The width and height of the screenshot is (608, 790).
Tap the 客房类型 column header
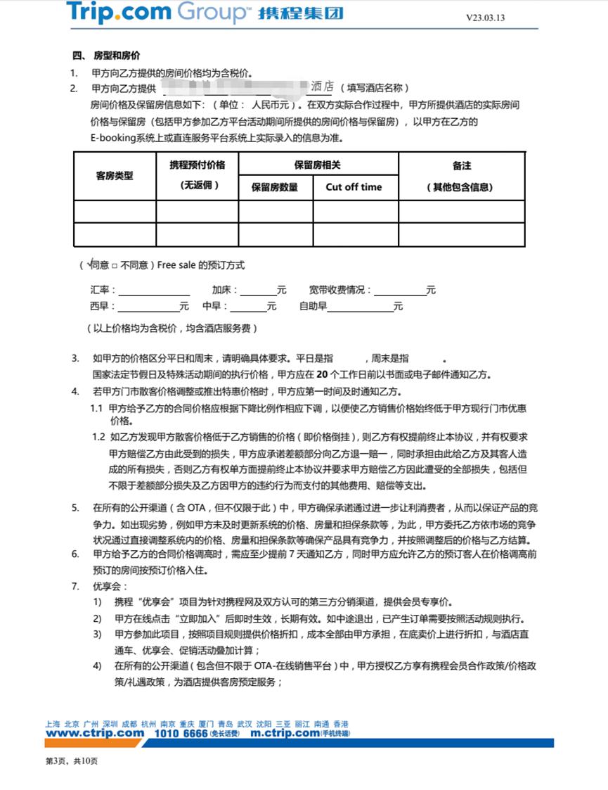pos(114,176)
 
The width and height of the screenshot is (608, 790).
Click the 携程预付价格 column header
pos(197,165)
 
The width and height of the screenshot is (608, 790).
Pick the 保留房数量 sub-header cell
pos(275,187)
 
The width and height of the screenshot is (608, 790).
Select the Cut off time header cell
pos(354,187)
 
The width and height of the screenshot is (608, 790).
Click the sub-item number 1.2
pos(98,437)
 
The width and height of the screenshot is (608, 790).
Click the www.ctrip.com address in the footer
pos(95,733)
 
